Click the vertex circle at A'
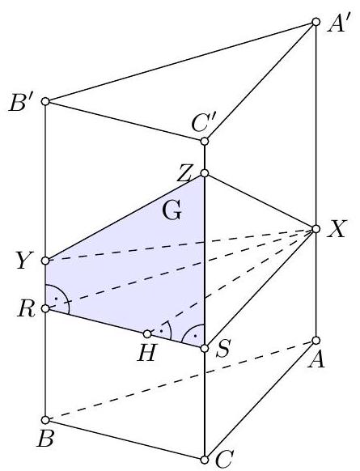316,22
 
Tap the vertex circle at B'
45,101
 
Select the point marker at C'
205,141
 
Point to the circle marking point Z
205,173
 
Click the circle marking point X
316,229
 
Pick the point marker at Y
45,261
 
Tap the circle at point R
45,308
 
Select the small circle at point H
147,333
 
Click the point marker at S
205,349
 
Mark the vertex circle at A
316,341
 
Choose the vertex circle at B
45,420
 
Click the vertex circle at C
205,460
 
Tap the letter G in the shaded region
172,210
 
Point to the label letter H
147,352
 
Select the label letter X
337,229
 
